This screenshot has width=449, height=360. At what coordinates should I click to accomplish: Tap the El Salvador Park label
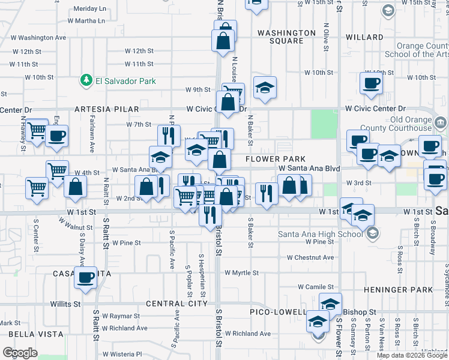tap(125, 81)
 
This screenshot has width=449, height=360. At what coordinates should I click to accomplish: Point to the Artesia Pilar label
tap(106, 109)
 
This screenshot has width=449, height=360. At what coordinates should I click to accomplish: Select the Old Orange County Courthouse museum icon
tap(440, 124)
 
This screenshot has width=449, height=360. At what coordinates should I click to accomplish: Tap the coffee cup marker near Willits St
tap(85, 278)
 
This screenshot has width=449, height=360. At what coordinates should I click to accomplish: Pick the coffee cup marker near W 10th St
tap(370, 83)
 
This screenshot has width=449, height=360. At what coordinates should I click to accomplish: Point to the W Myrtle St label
tap(241, 272)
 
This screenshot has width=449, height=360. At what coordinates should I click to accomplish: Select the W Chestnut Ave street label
tap(310, 257)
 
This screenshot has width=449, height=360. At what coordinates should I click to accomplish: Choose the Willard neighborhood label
tap(364, 37)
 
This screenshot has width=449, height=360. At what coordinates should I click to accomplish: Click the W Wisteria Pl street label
tap(121, 354)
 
